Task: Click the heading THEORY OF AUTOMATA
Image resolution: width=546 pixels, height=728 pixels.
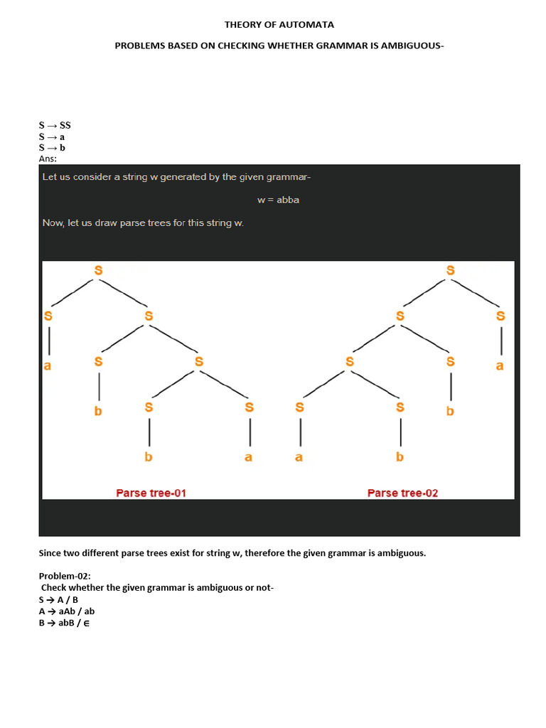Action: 279,25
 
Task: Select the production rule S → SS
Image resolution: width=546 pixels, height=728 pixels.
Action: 55,125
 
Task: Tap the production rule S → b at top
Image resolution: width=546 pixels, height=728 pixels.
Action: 52,148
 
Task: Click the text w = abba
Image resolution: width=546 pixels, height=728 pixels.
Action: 278,200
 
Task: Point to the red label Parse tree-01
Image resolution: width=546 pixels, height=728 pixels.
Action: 151,493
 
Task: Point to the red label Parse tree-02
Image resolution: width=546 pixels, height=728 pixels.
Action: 402,493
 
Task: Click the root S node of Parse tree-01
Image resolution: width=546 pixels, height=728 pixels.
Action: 98,270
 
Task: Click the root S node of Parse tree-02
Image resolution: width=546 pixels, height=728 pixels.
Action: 450,270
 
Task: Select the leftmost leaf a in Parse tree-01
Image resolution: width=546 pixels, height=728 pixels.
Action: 48,366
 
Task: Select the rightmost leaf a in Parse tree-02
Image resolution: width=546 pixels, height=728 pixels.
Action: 500,366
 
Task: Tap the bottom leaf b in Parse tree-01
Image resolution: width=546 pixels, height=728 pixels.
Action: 149,457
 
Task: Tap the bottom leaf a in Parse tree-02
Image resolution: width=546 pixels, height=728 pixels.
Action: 299,457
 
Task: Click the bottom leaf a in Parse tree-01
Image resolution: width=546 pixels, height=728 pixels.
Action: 248,457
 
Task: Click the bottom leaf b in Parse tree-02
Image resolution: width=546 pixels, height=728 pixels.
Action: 400,457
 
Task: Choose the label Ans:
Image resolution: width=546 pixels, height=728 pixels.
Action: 48,159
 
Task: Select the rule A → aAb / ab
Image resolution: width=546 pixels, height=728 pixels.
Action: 67,611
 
